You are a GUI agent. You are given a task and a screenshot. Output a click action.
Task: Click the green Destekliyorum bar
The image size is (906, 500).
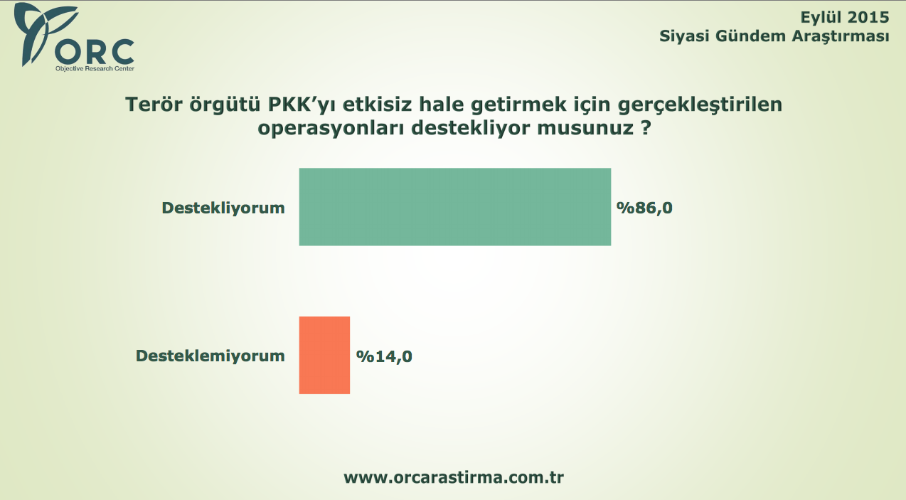click(x=454, y=207)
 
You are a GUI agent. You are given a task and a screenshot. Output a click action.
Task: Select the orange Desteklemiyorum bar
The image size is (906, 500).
click(x=324, y=355)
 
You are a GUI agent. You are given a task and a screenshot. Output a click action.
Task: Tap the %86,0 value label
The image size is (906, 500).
click(x=644, y=208)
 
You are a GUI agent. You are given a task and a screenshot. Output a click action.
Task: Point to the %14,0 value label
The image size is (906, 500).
click(x=385, y=356)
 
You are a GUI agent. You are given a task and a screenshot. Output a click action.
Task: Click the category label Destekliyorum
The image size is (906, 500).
click(x=223, y=208)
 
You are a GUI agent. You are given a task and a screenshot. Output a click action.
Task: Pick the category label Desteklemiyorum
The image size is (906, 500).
click(x=210, y=356)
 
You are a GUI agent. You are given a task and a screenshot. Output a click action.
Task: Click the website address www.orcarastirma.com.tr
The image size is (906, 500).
click(x=454, y=477)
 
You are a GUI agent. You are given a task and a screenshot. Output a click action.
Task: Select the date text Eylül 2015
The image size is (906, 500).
click(x=845, y=17)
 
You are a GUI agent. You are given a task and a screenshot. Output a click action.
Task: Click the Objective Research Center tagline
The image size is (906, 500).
click(x=95, y=69)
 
